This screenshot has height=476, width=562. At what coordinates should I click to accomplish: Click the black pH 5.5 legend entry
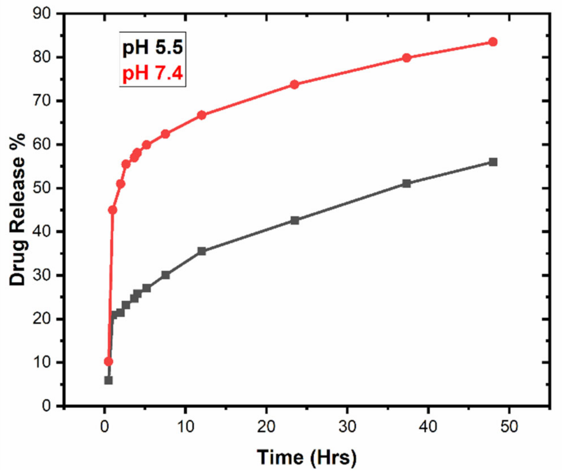[152, 47]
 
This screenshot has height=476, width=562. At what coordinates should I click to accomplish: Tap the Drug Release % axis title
[17, 209]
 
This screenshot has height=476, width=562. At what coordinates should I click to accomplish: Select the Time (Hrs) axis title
[307, 457]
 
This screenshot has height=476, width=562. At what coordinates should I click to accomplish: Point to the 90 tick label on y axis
[42, 14]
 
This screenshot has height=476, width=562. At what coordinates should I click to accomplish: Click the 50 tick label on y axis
[42, 188]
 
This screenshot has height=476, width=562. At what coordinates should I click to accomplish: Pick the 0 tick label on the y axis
[46, 406]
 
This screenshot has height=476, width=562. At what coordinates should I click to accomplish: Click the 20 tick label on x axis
[266, 427]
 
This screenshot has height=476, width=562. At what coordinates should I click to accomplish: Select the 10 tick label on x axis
[185, 427]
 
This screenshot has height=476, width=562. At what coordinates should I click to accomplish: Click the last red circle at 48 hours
[493, 42]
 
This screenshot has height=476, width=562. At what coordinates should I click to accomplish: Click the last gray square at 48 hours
[493, 162]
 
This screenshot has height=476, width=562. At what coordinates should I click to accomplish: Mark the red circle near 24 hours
[295, 85]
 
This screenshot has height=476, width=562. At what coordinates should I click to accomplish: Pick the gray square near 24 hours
[295, 220]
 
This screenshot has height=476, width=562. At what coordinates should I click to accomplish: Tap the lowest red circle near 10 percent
[109, 361]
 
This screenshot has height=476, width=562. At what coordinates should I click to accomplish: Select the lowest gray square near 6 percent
[109, 380]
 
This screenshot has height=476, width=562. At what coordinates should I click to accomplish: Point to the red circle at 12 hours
[202, 115]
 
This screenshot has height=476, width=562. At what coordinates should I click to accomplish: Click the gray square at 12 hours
[202, 251]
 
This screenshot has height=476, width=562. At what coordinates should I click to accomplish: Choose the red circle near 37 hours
[407, 58]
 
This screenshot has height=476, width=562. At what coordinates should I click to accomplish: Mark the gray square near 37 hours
[407, 183]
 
